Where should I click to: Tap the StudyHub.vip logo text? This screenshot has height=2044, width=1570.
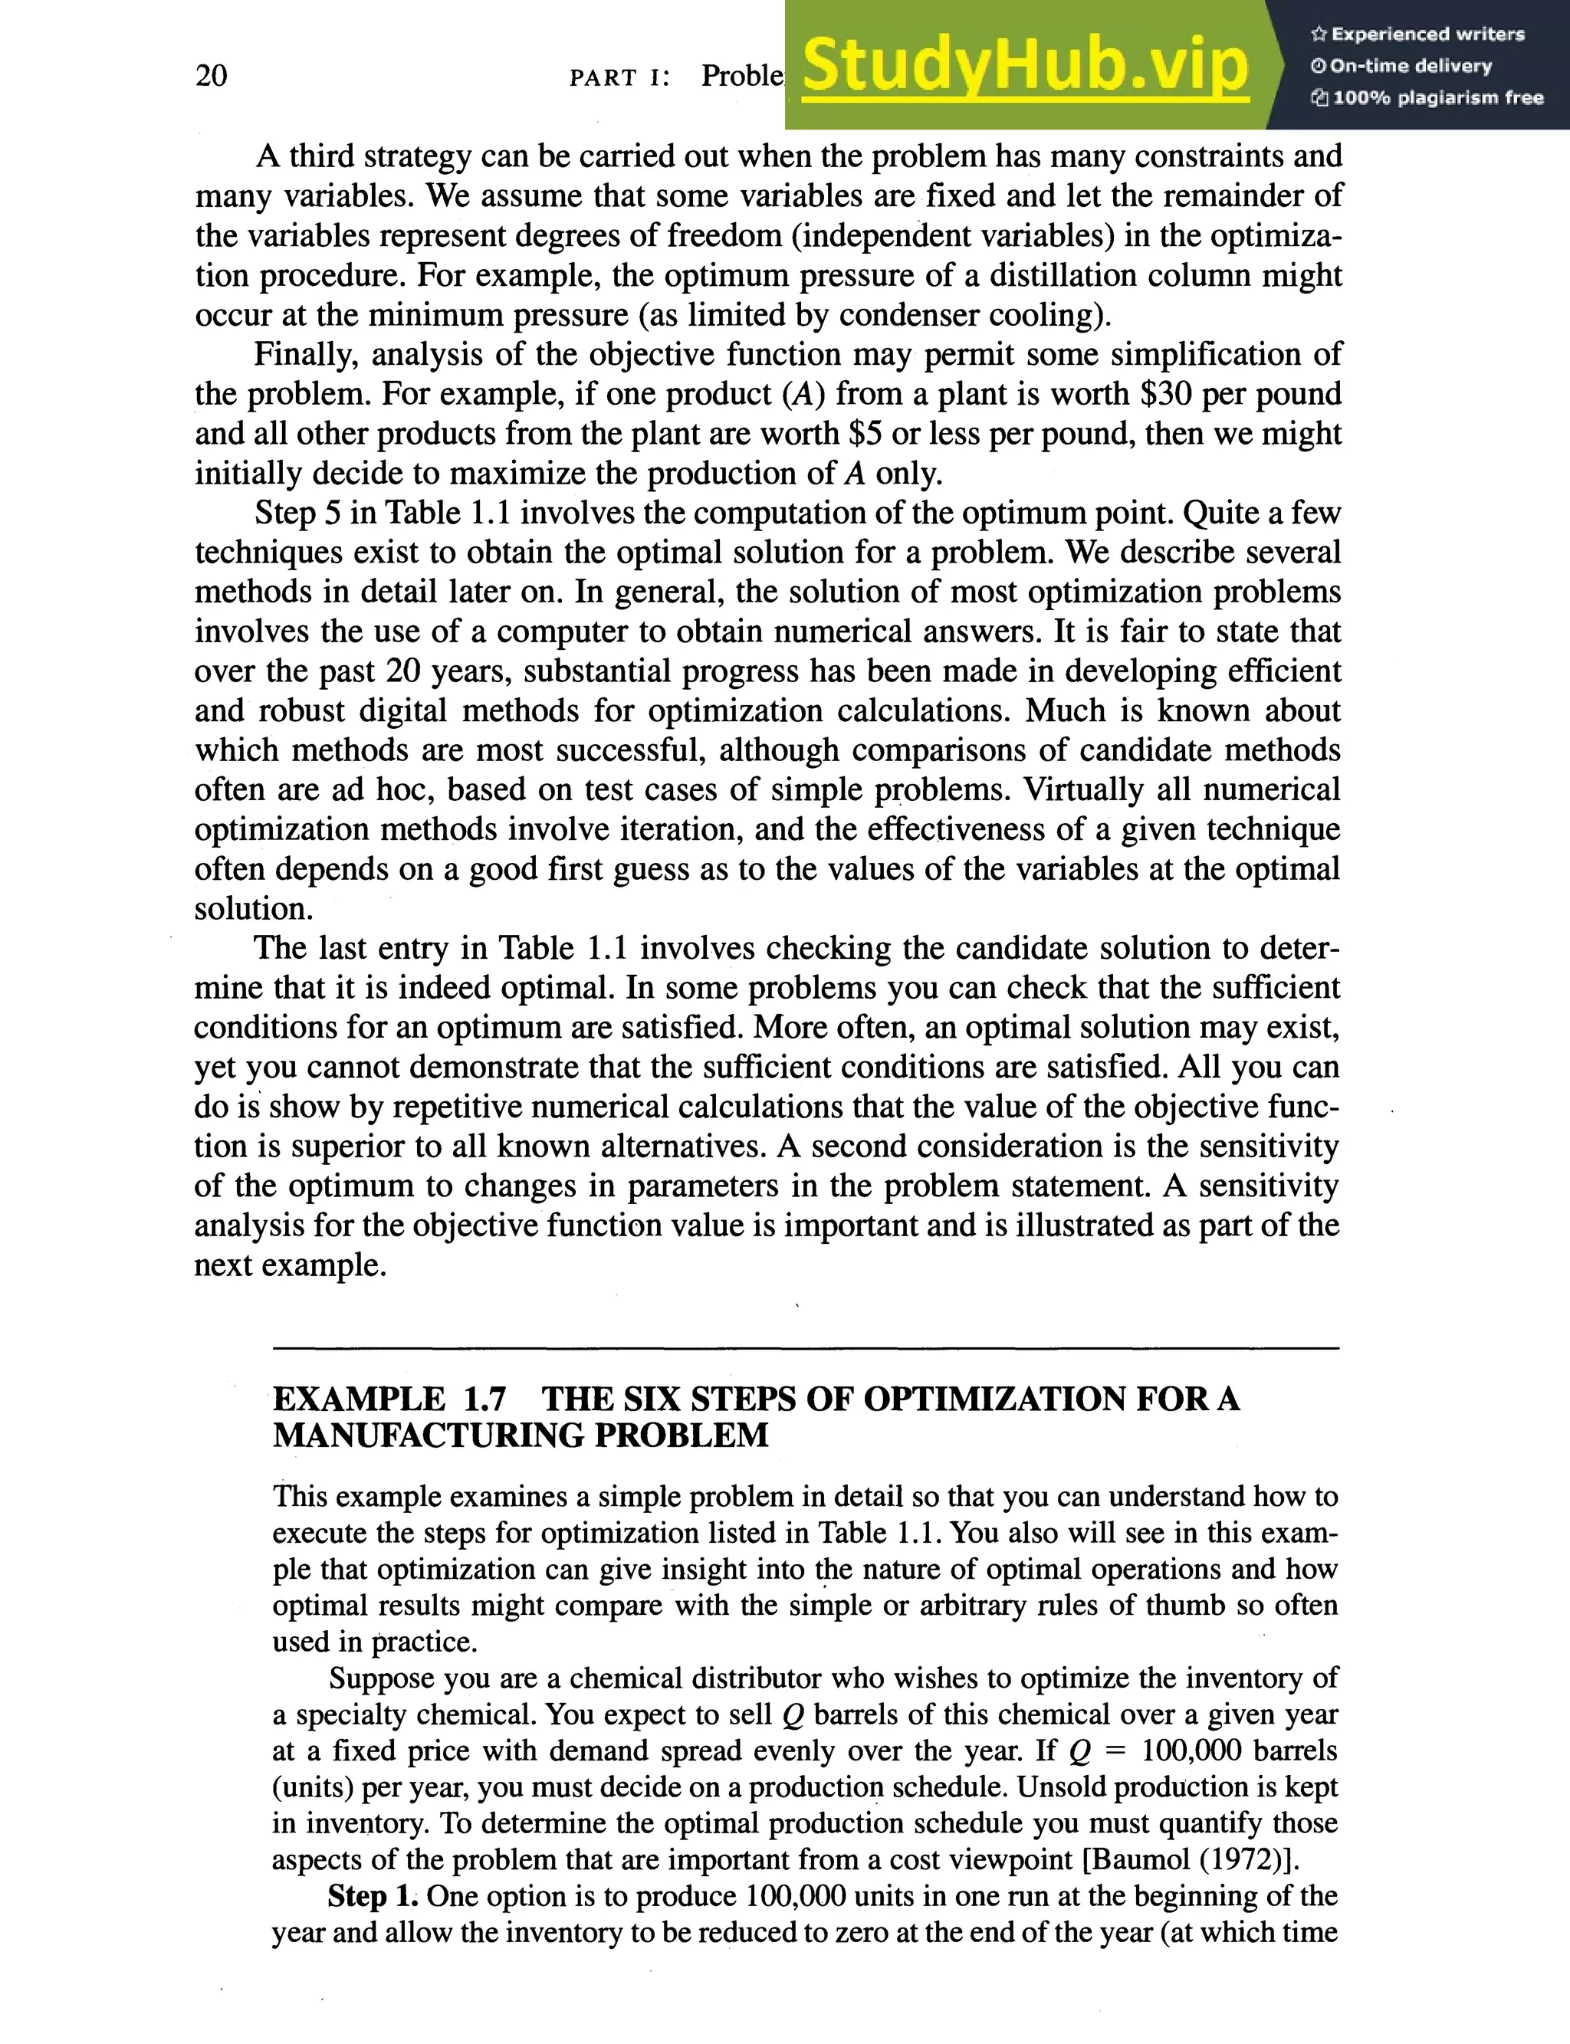1025,65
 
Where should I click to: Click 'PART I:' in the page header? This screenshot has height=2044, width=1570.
619,77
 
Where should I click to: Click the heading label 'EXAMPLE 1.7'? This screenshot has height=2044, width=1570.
389,1399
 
